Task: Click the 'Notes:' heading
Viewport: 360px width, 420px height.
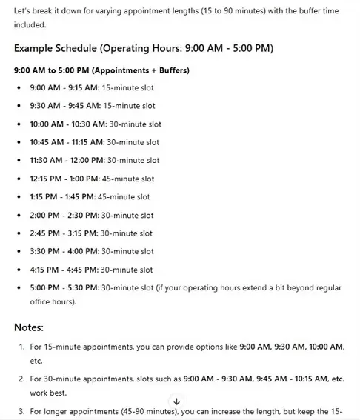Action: point(30,327)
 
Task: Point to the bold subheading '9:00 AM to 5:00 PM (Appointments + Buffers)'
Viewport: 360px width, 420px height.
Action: point(101,70)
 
